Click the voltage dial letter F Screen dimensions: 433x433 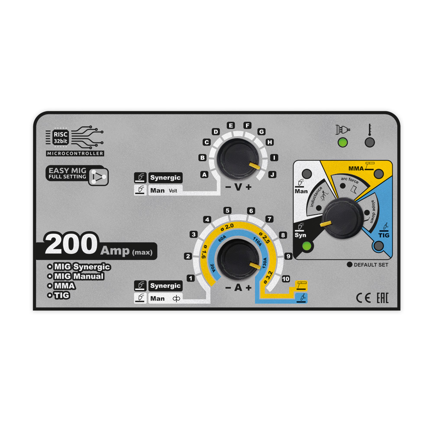pos(248,126)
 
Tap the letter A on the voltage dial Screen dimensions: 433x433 pos(204,174)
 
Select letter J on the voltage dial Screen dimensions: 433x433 pos(272,174)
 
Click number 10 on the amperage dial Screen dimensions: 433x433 pos(285,279)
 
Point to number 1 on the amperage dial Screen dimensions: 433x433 pos(190,278)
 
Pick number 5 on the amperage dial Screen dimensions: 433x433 pos(227,211)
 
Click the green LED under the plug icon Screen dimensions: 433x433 pos(343,142)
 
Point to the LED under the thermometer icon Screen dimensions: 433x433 pos(369,142)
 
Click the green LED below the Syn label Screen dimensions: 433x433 pos(307,246)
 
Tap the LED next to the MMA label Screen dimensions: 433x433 pos(379,174)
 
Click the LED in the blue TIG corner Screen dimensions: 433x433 pos(379,246)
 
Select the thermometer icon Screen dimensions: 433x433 pos(369,129)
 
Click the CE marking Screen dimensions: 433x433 pos(362,298)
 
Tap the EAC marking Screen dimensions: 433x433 pos(382,298)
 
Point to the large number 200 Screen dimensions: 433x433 pos(71,245)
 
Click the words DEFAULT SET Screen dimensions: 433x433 pos(371,265)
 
